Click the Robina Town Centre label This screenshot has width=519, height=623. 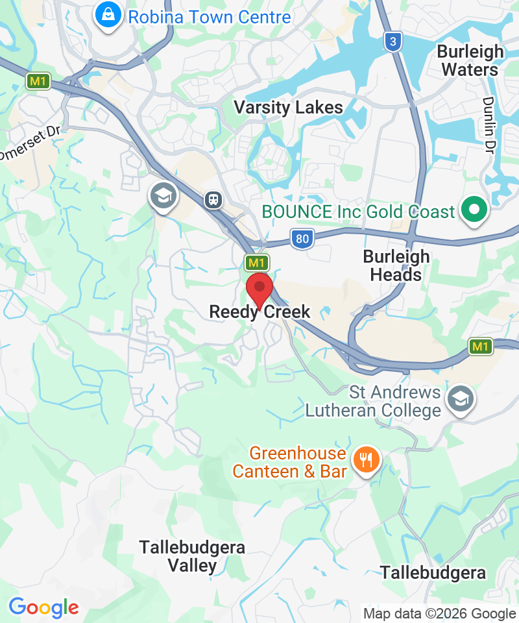[209, 17]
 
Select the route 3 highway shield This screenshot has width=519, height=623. [392, 42]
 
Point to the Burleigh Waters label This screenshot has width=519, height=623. [470, 60]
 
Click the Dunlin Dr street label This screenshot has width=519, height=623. [487, 125]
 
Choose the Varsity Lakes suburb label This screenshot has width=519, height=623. [288, 107]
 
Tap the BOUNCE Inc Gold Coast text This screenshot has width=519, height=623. [358, 212]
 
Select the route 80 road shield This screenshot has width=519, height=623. [302, 239]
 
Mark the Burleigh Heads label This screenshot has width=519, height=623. [396, 265]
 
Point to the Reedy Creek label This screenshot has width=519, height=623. [259, 312]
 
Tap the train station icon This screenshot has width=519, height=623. [213, 199]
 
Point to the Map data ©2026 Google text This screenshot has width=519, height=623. [439, 613]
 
